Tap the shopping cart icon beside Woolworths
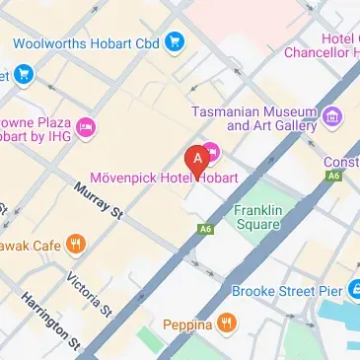[x=175, y=41]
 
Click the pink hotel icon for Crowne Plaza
[x=86, y=126]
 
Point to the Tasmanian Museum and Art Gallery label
[x=254, y=118]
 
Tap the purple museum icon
[x=332, y=118]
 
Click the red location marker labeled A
[x=197, y=158]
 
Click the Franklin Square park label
[x=258, y=218]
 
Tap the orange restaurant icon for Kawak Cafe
[x=75, y=244]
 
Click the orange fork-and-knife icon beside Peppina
[x=227, y=323]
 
